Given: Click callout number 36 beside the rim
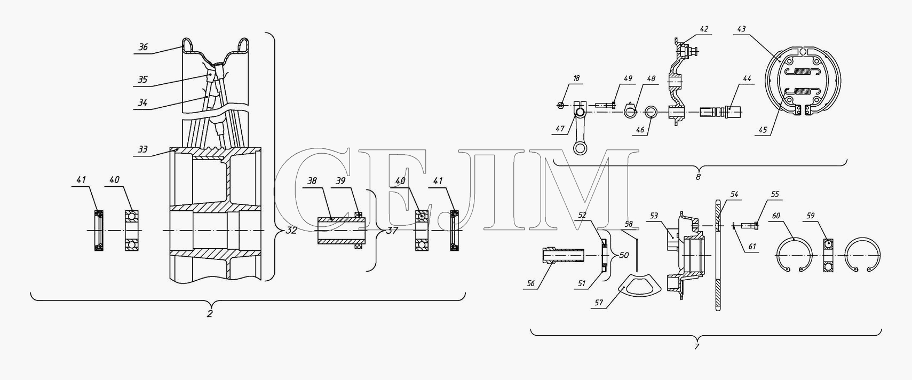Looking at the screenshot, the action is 143,47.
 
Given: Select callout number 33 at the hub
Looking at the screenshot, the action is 142,150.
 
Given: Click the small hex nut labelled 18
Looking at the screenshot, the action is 561,105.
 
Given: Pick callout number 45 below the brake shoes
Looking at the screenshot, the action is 763,130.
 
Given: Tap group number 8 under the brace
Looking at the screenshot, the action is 698,177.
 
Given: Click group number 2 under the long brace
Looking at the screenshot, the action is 210,314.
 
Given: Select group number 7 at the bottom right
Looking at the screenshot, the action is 696,346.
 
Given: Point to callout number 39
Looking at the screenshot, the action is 340,181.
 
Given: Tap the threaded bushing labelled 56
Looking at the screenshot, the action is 562,255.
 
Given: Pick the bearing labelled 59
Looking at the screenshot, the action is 828,255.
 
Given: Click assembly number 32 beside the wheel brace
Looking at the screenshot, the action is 291,231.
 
